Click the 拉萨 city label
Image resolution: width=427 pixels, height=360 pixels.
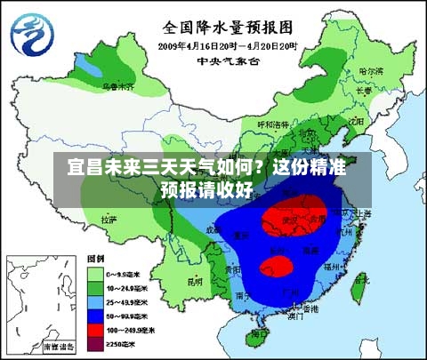point(109,218)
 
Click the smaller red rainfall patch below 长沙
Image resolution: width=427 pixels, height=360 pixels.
point(278,265)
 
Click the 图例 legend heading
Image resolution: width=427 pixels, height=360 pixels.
point(96,260)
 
